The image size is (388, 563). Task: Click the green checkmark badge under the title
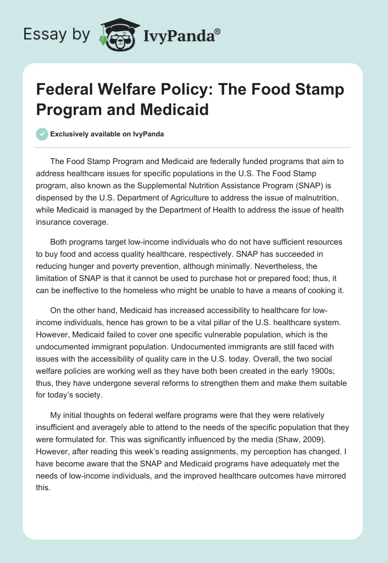[x=43, y=134]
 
